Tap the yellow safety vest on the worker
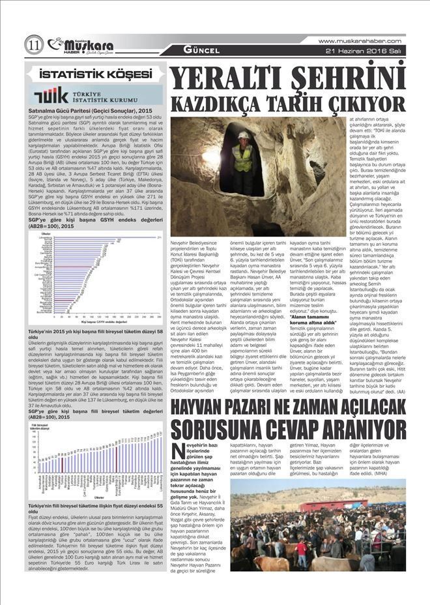coord(243,155)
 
